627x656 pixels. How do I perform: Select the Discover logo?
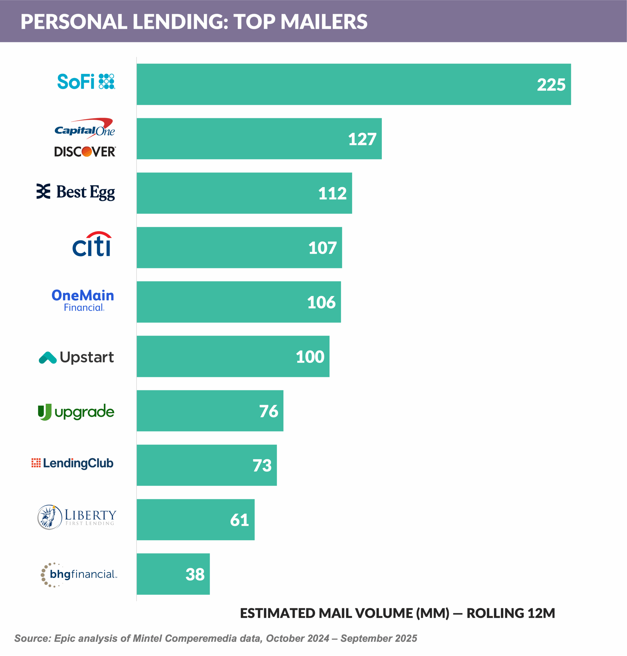coord(85,152)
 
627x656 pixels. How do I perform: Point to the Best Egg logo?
coord(76,192)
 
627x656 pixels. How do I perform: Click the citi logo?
coord(92,244)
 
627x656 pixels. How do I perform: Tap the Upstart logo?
coord(76,357)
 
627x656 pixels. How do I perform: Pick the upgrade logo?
coord(76,412)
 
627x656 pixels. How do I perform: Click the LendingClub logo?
coord(73,463)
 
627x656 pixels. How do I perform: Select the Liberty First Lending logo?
coord(77,517)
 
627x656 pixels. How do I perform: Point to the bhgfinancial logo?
coord(79,575)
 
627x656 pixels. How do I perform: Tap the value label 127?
coord(362,139)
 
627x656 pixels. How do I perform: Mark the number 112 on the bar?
coord(332,193)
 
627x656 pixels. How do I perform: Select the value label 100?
coord(310,357)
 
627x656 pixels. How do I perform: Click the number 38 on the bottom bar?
coord(195,575)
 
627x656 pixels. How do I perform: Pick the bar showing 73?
coord(206,465)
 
